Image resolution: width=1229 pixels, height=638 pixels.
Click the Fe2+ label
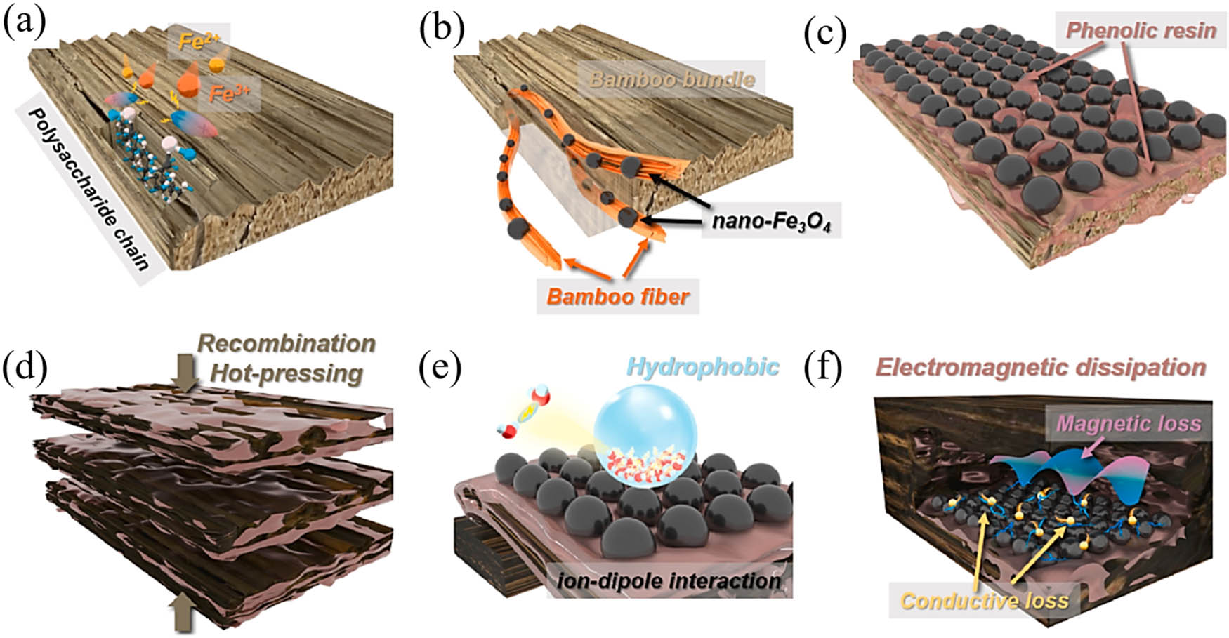click(x=199, y=41)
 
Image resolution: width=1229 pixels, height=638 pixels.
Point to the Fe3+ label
click(x=229, y=93)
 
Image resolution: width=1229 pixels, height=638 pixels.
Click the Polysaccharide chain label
click(x=87, y=190)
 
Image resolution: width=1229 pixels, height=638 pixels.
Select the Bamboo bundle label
click(x=671, y=79)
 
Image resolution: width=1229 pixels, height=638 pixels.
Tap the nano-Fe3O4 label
click(x=770, y=222)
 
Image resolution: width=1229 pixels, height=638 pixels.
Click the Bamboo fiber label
click(x=618, y=296)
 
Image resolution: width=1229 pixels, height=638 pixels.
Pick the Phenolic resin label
click(x=1141, y=30)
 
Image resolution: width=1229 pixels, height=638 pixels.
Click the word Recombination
click(x=287, y=343)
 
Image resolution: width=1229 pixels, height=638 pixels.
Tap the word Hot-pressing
click(x=287, y=373)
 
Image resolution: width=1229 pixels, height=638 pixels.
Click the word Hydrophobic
click(x=702, y=366)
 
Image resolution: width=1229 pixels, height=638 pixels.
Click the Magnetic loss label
click(x=1129, y=423)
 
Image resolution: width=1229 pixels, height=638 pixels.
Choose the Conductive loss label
click(x=984, y=601)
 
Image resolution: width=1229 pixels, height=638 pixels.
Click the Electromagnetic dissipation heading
click(x=1040, y=367)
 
